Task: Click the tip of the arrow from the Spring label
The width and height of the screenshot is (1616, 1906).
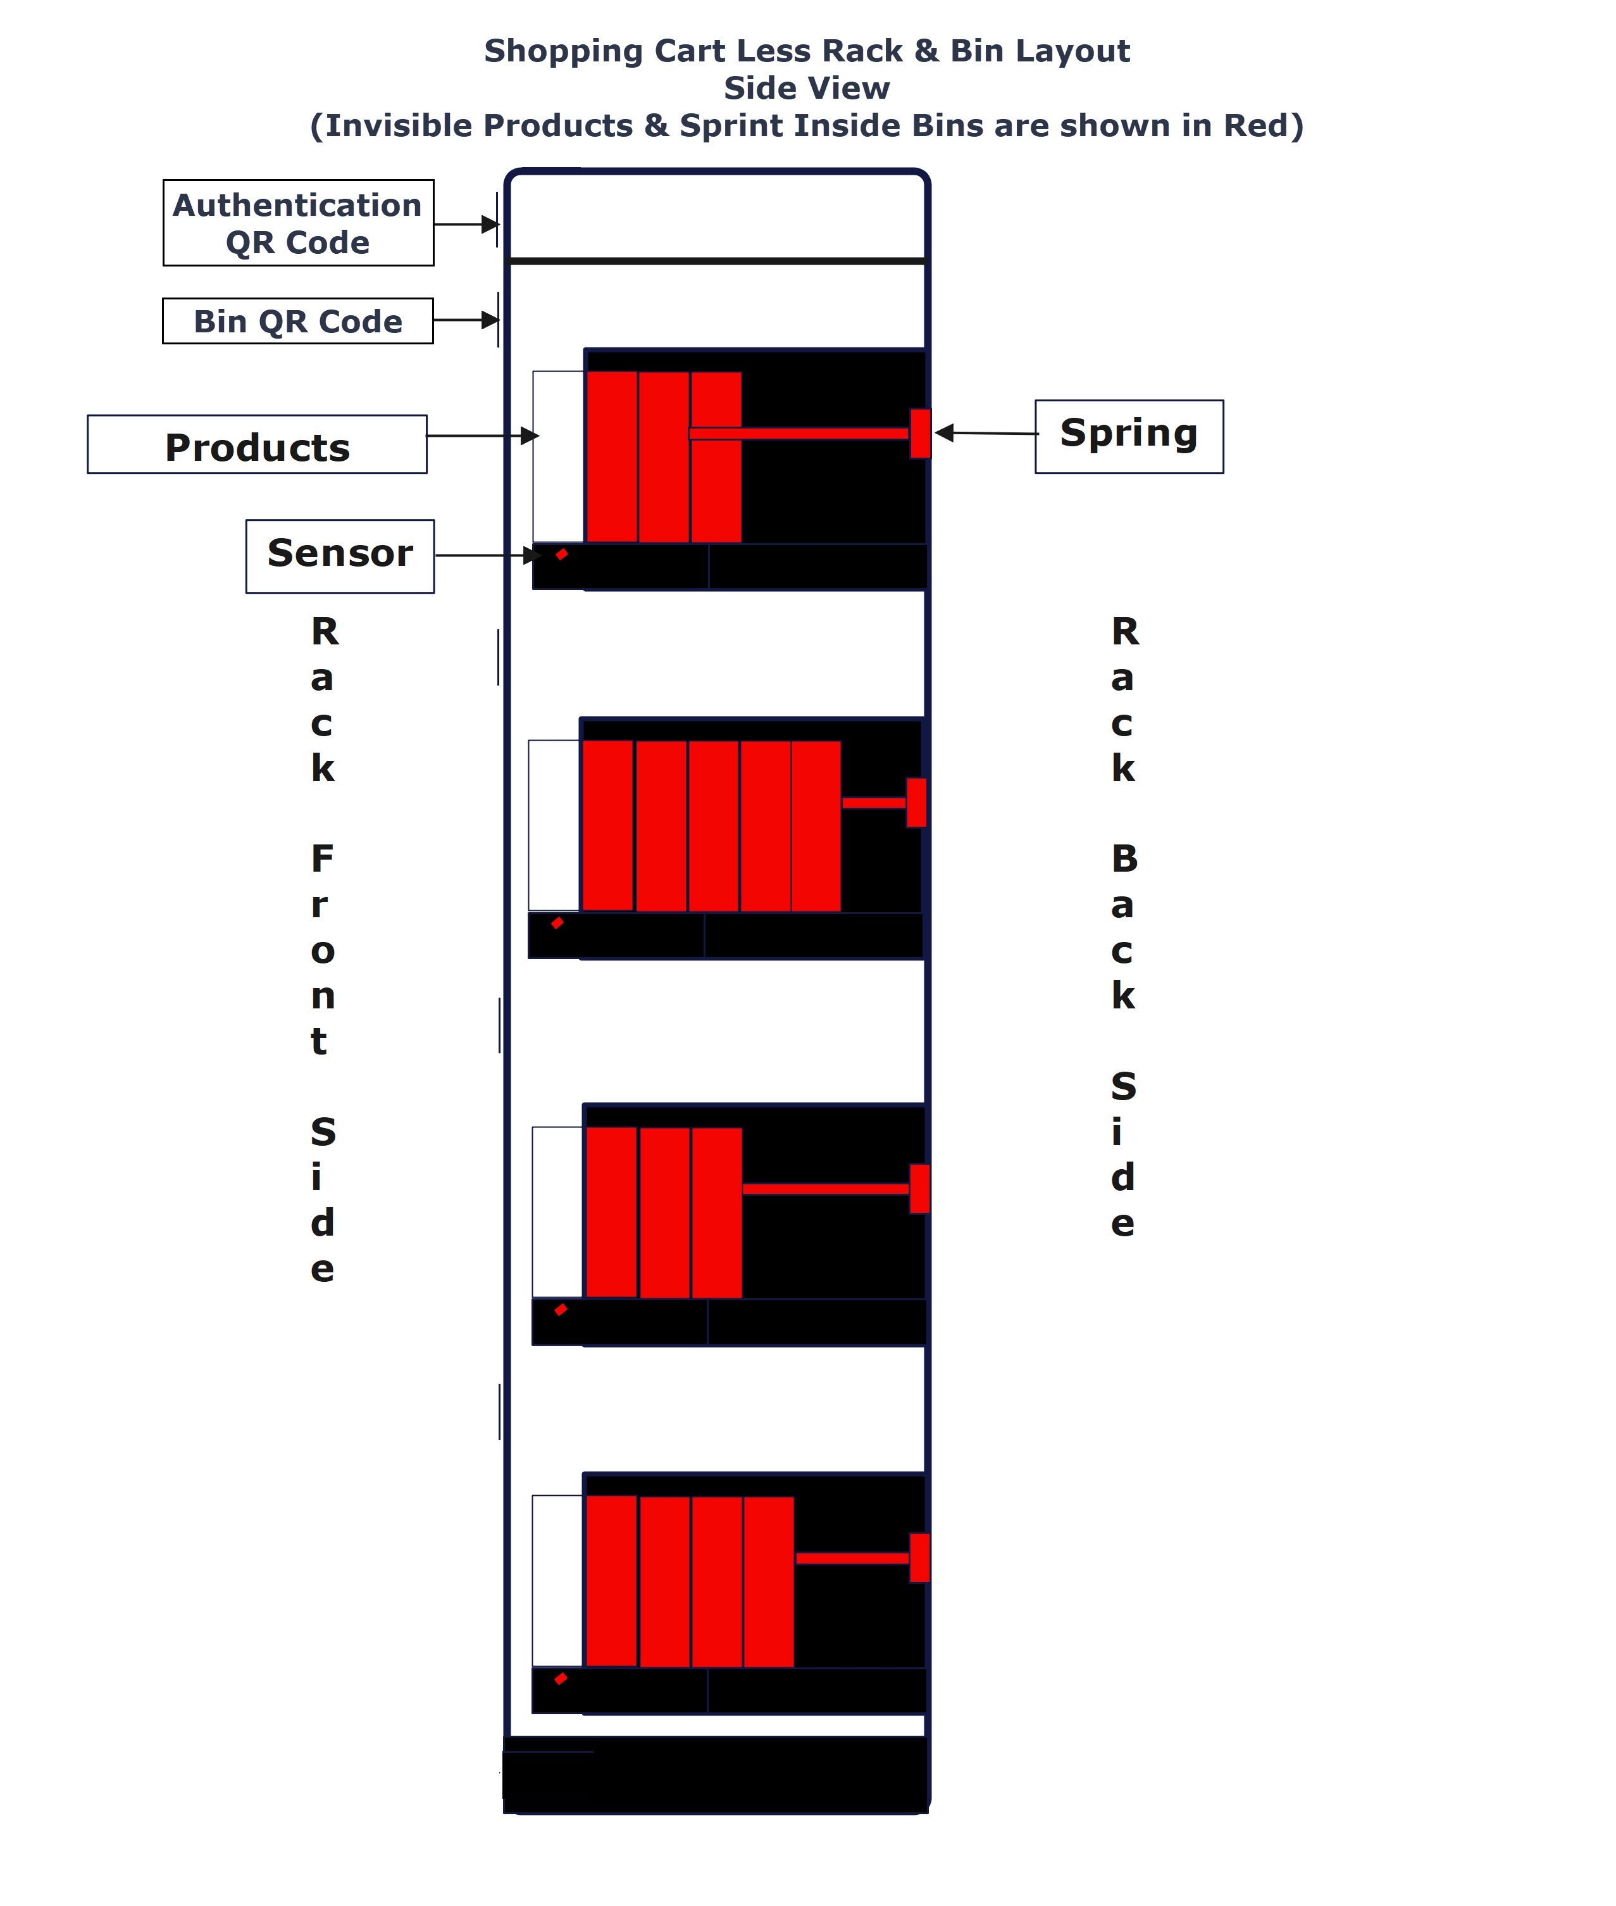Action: [x=935, y=432]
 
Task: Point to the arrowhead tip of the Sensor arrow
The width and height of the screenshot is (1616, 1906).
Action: [x=542, y=555]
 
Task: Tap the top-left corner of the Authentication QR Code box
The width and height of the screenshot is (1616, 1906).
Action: [x=164, y=180]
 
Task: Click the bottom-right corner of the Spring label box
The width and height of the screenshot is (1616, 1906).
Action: [x=1223, y=473]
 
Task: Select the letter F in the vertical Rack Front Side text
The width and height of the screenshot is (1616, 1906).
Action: [x=321, y=858]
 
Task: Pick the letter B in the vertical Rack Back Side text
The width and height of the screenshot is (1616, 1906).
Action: [x=1124, y=858]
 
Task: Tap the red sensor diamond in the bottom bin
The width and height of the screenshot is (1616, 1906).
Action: [x=561, y=1679]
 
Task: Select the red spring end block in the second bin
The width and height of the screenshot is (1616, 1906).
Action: [x=916, y=803]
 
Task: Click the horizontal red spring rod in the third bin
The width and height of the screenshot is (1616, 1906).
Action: [x=826, y=1189]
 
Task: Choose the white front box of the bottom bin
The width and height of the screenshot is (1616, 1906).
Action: [x=557, y=1581]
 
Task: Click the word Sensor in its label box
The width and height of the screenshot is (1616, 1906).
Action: [x=340, y=553]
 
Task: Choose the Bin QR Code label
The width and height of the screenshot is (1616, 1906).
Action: [x=298, y=322]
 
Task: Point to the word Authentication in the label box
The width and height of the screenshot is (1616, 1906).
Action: [x=298, y=205]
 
